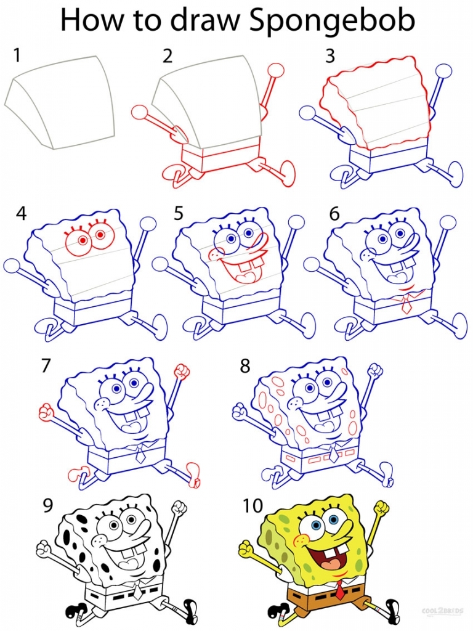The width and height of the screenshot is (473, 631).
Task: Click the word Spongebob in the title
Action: point(332,22)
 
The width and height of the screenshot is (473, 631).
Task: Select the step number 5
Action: point(178,214)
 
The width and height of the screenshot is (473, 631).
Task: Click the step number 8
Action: point(245,367)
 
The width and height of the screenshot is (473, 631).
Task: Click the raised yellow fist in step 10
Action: point(382,509)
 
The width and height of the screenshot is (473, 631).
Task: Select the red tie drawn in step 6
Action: point(405,303)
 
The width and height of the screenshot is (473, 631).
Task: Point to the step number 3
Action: point(330,56)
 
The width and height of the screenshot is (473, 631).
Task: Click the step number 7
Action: point(46,366)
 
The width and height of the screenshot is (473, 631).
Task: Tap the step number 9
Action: point(47,506)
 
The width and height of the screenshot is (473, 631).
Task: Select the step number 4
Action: point(22,214)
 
